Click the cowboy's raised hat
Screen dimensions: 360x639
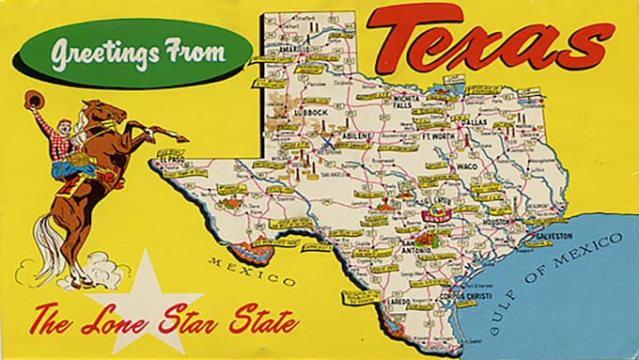coord(34,99)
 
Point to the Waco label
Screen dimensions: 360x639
coord(468,166)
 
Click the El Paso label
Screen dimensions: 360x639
coord(173,160)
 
